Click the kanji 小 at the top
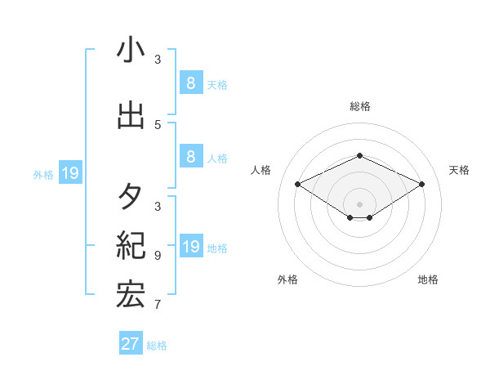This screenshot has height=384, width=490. [x=131, y=51]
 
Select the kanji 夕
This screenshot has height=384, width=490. [x=131, y=195]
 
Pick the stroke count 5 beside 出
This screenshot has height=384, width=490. [x=158, y=124]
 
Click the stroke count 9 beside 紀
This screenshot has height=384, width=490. [x=158, y=255]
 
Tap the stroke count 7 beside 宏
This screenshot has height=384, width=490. [x=158, y=306]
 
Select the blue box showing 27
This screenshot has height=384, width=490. [x=131, y=344]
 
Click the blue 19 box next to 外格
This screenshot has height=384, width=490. [x=69, y=173]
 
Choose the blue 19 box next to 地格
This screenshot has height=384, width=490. [x=190, y=247]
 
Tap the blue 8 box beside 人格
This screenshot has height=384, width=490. [x=190, y=157]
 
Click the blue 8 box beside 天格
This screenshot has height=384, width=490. [x=190, y=83]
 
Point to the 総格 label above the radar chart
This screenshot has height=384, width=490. [x=359, y=106]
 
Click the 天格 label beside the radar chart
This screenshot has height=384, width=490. [x=459, y=170]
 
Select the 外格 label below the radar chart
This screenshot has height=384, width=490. [x=287, y=279]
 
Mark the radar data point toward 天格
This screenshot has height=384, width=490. [x=421, y=184]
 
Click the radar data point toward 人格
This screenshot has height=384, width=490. [x=298, y=184]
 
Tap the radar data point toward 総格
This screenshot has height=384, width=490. [x=359, y=155]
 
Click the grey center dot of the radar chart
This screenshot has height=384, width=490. [x=359, y=203]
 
